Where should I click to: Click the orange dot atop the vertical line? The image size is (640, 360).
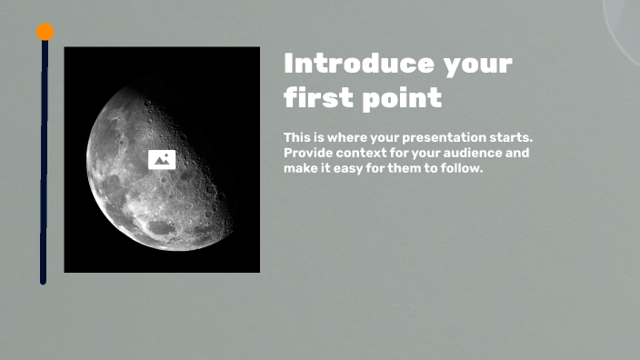45,32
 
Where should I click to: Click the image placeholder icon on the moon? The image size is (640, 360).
162,160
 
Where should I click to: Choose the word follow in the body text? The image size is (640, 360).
460,168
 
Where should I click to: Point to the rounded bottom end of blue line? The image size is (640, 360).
43,281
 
